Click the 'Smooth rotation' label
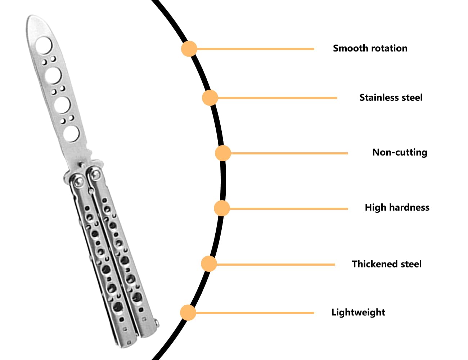click(370, 48)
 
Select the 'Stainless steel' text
click(391, 98)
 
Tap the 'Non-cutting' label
click(400, 152)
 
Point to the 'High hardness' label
click(397, 208)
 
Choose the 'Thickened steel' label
click(387, 264)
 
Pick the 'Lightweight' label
click(358, 312)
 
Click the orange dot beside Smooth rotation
click(189, 49)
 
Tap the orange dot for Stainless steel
click(210, 98)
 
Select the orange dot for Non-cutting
click(223, 153)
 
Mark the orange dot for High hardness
click(222, 208)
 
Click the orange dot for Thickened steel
click(209, 264)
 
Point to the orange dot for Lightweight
click(188, 312)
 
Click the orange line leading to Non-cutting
click(289, 153)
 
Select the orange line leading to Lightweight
click(255, 313)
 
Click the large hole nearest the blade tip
click(44, 45)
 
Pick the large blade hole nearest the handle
click(71, 134)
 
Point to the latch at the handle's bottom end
click(157, 323)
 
